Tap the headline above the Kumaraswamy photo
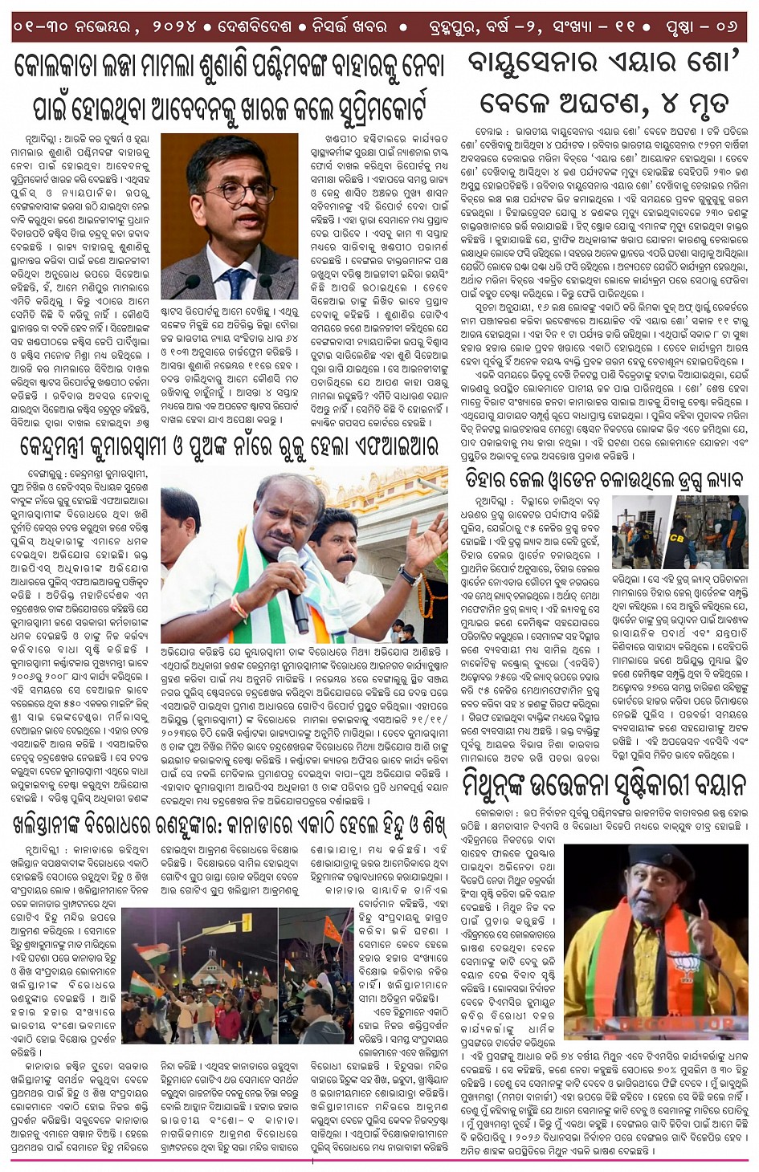(229, 446)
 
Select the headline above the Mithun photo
(604, 783)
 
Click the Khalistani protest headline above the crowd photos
(229, 824)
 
